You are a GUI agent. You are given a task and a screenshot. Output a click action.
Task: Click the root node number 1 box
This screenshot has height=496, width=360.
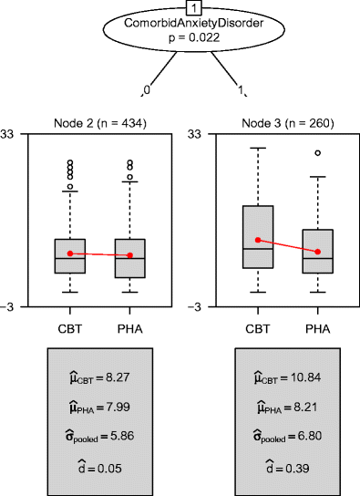180,7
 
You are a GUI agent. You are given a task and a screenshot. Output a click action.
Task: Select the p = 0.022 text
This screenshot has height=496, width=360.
180,41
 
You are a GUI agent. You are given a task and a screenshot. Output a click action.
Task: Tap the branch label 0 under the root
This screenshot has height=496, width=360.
145,91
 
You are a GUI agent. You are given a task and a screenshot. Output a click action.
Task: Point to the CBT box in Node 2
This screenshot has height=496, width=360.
69,255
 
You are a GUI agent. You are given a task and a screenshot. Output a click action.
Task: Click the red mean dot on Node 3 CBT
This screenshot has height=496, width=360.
257,240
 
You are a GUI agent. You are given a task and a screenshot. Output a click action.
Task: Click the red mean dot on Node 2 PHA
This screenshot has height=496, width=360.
129,255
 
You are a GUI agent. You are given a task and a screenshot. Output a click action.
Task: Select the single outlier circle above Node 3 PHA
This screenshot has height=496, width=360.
317,153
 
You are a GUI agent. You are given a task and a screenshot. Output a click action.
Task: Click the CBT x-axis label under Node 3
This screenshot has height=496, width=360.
257,325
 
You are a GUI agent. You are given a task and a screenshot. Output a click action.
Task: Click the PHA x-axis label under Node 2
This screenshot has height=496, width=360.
129,325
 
